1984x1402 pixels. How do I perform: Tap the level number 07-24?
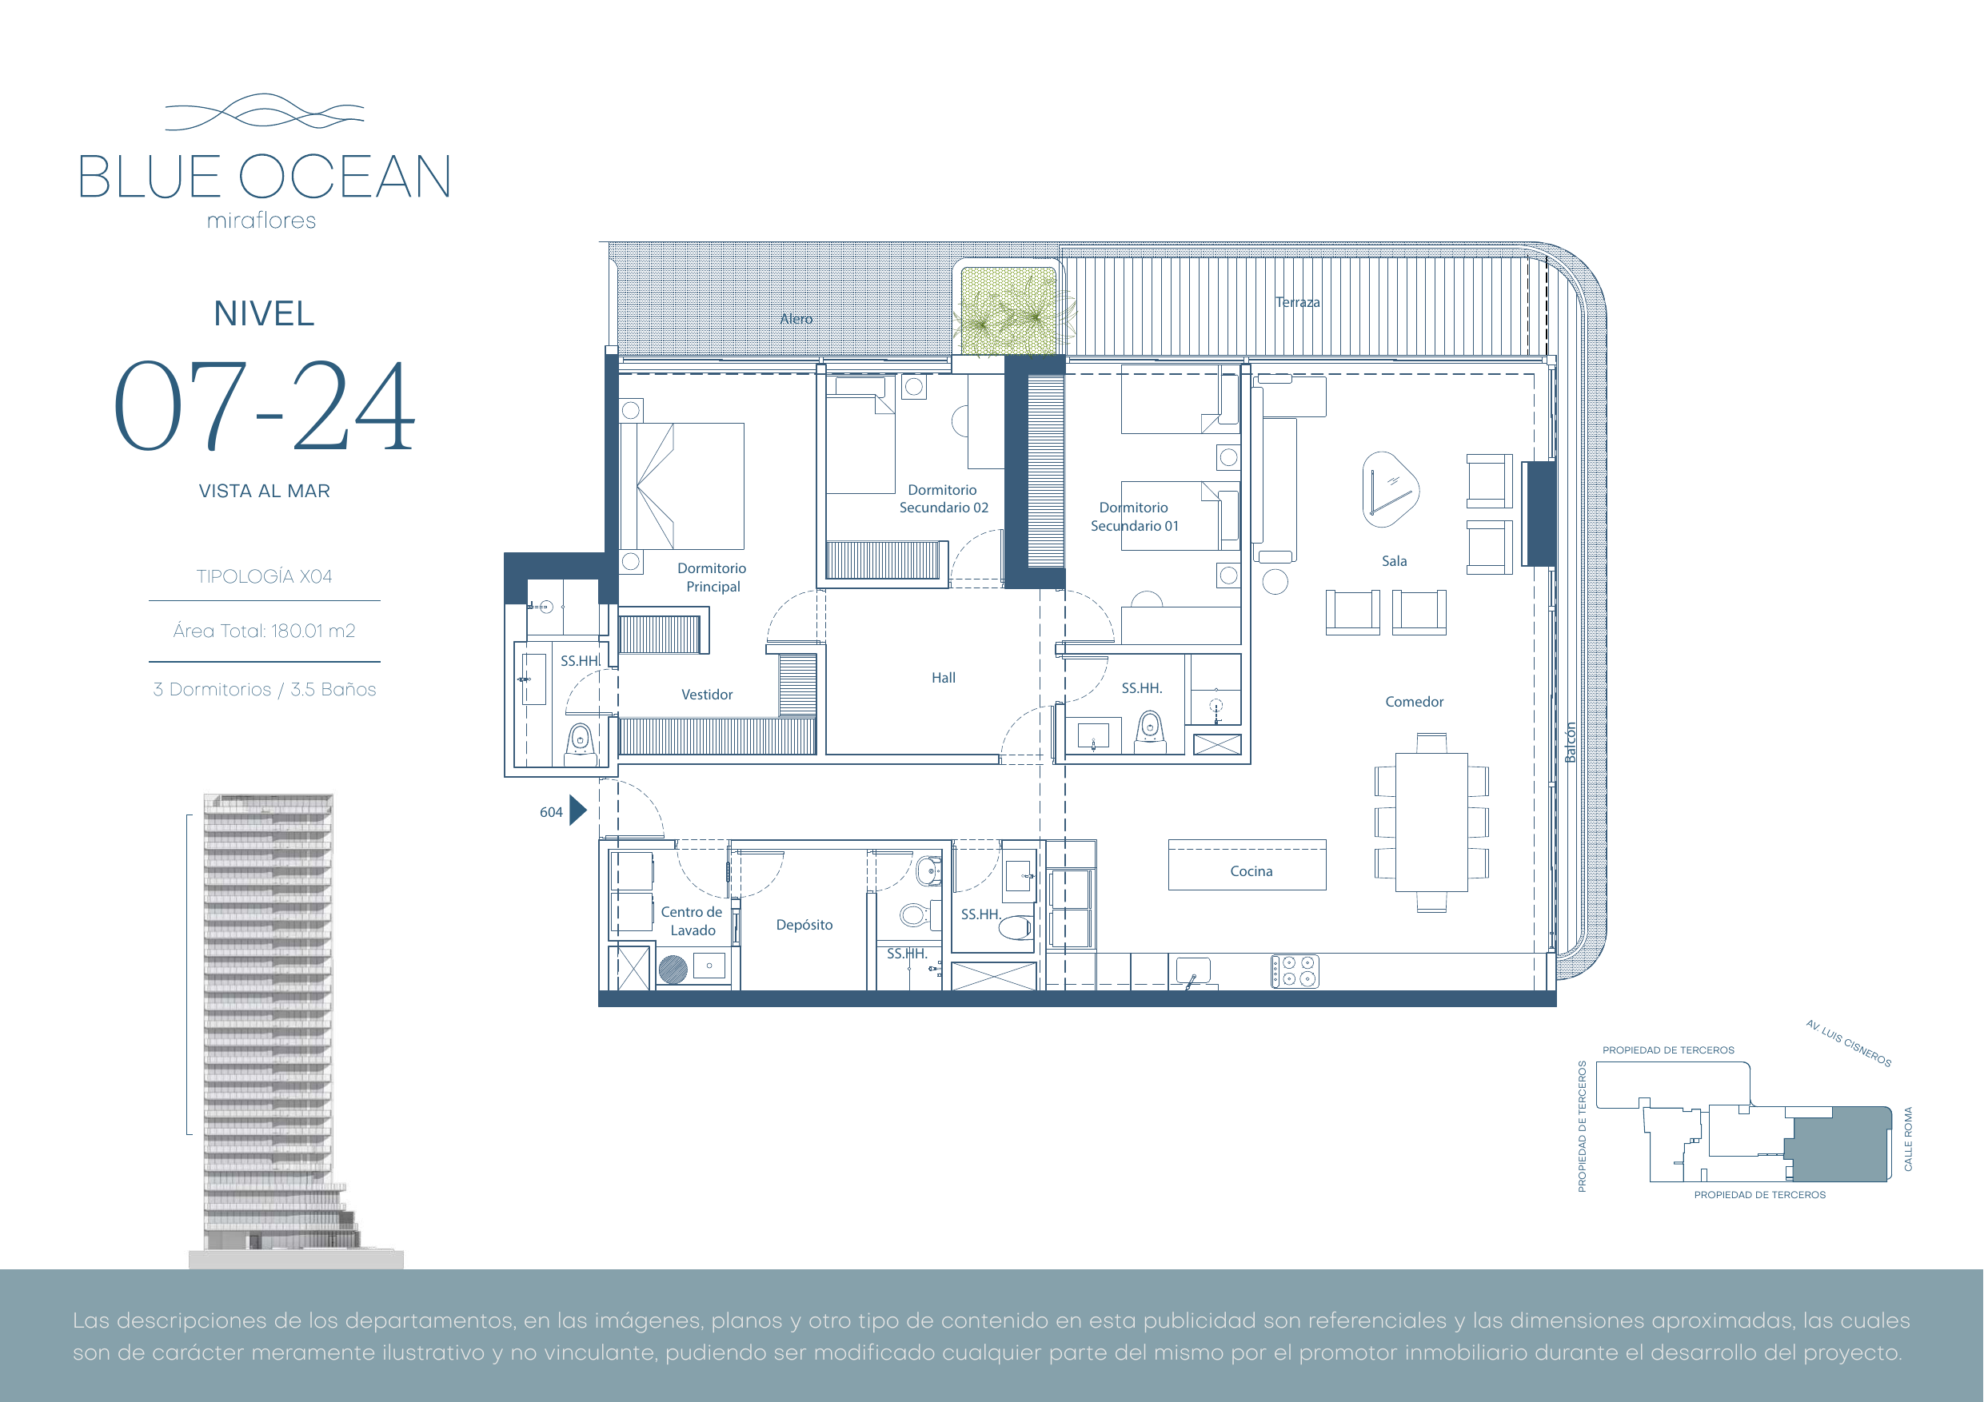coord(265,406)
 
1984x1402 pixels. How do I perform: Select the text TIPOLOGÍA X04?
coord(265,576)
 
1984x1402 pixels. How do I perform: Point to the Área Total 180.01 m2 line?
coord(265,631)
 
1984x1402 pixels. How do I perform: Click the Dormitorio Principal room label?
coord(712,577)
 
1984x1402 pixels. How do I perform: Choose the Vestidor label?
coord(707,695)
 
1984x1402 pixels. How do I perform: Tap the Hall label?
coord(944,678)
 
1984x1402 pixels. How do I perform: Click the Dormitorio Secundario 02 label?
coord(944,499)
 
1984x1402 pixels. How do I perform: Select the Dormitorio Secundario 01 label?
coord(1135,516)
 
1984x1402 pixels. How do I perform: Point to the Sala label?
coord(1394,561)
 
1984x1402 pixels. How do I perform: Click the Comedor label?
coord(1415,703)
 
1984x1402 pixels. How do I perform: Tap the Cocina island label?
coord(1251,871)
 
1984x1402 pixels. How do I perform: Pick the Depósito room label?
coord(804,925)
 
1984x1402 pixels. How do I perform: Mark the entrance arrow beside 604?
coord(578,811)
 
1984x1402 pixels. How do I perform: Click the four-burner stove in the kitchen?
coord(1295,971)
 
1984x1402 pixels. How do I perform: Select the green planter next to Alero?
coord(1008,311)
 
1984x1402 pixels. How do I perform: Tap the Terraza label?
coord(1298,302)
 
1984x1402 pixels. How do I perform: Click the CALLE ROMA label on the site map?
coord(1908,1139)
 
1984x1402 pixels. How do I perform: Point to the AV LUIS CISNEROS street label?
coord(1848,1044)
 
